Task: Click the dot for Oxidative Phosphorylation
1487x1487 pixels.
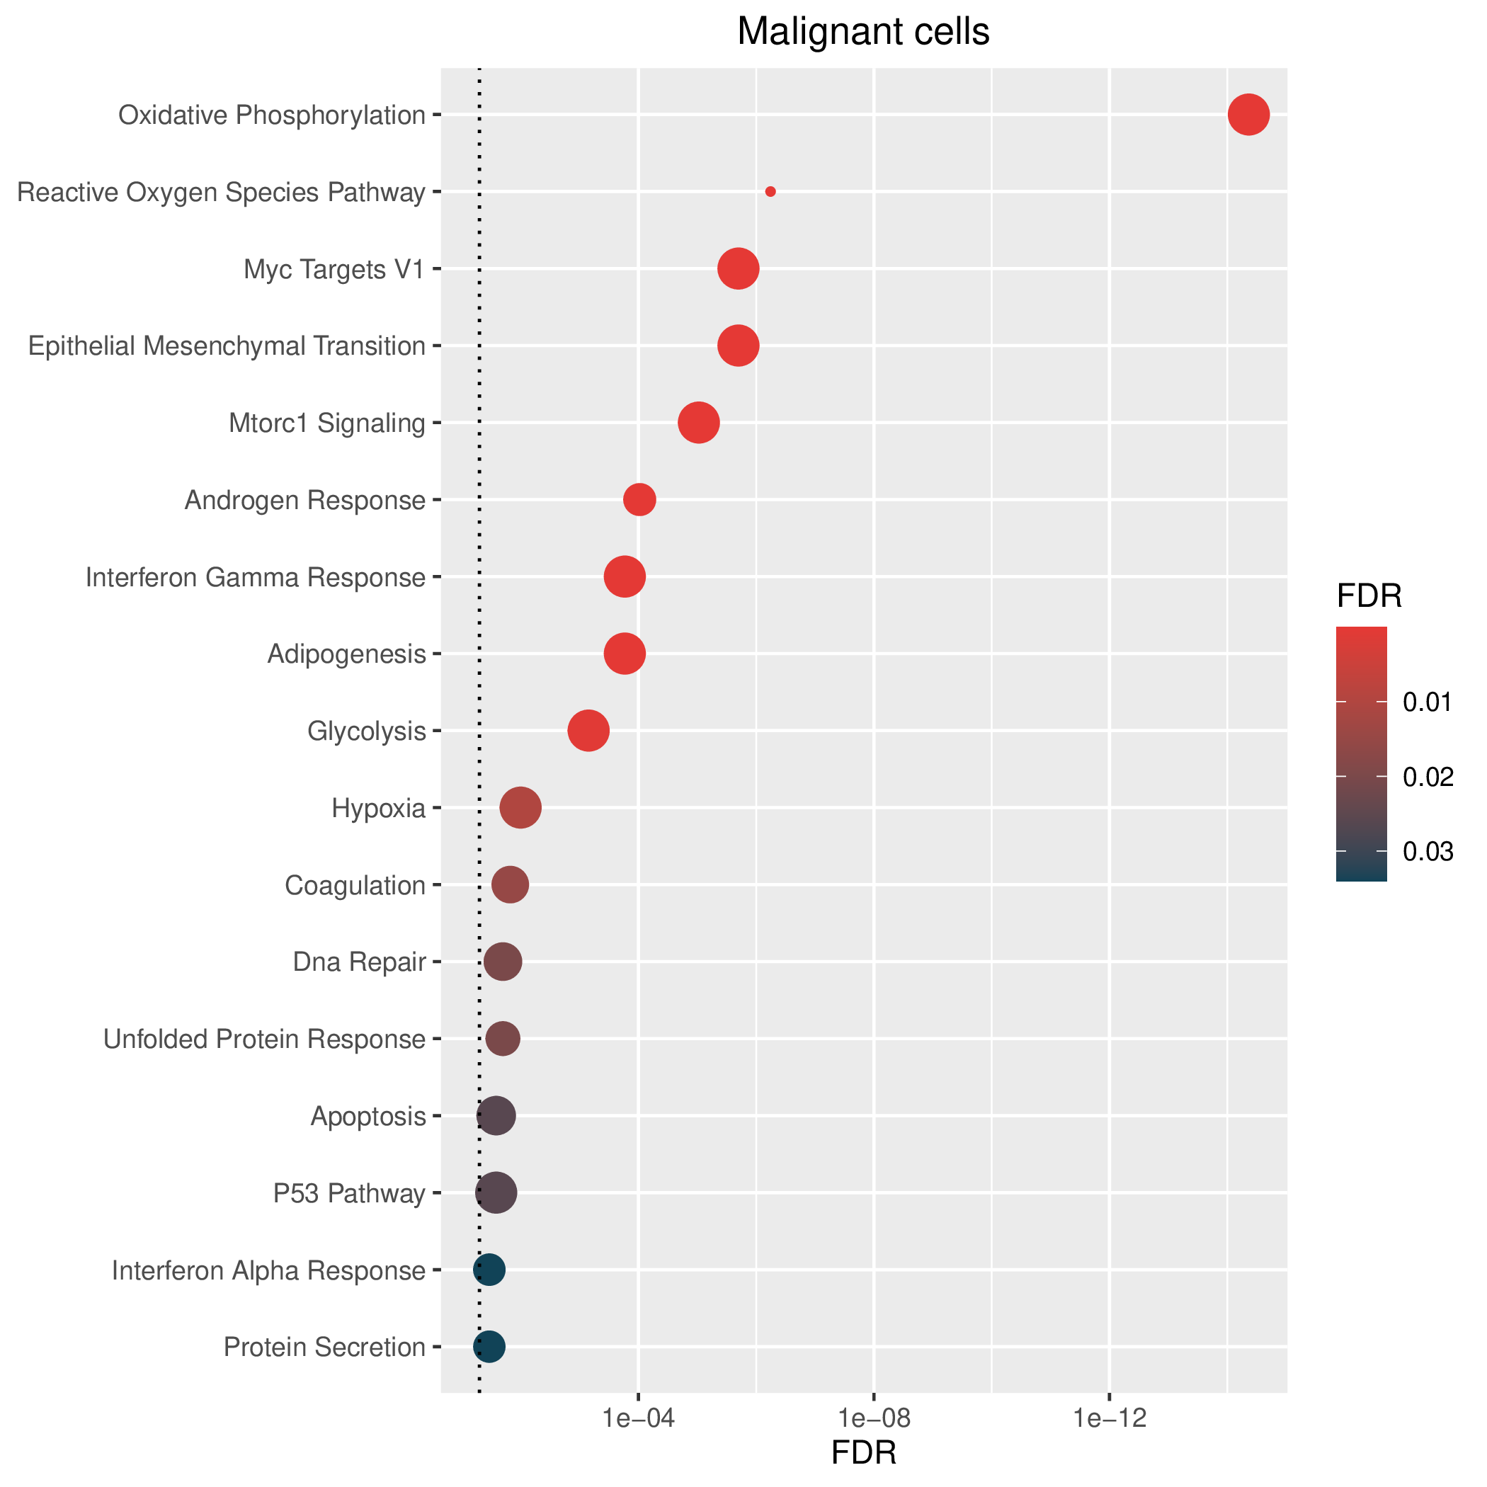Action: tap(1248, 115)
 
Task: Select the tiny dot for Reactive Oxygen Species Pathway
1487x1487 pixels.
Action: tap(770, 192)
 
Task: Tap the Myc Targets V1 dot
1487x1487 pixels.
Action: tap(738, 268)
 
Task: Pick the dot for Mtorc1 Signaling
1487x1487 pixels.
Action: tap(699, 423)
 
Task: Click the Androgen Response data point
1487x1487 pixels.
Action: tap(639, 499)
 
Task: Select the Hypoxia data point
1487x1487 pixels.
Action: tap(521, 807)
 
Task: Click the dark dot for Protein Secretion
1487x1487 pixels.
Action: tap(489, 1346)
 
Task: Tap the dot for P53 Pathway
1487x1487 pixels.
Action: tap(496, 1192)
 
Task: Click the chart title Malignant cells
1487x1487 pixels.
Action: tap(864, 33)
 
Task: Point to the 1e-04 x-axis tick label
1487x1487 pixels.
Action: tap(639, 1418)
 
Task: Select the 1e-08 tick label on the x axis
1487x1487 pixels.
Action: tap(874, 1418)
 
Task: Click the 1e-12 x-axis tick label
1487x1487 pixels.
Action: tap(1109, 1418)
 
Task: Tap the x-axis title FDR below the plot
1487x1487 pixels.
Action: tap(865, 1453)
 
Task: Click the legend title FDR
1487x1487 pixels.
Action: tap(1369, 596)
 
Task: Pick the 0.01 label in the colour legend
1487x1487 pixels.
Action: tap(1428, 702)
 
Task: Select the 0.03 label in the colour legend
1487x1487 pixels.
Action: tap(1428, 851)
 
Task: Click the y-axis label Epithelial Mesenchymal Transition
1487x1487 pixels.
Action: tap(227, 346)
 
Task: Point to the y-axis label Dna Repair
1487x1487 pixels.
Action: tap(360, 962)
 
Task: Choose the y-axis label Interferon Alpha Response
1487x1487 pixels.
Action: tap(268, 1270)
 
